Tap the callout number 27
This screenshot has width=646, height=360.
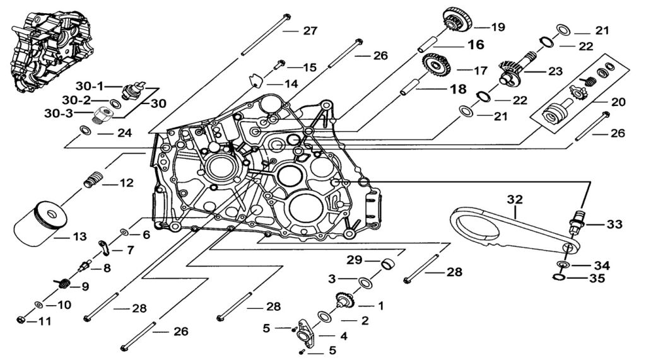(x=309, y=31)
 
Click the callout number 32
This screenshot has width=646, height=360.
(x=515, y=199)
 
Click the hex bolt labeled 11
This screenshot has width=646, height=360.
(x=21, y=321)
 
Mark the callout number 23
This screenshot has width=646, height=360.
(x=555, y=71)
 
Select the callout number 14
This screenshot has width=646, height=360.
(x=290, y=84)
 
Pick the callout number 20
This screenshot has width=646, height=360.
(x=618, y=101)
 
